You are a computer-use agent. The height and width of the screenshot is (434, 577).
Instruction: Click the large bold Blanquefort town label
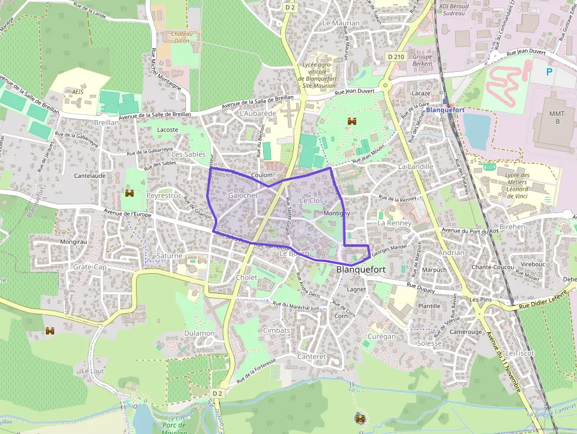pos(361,269)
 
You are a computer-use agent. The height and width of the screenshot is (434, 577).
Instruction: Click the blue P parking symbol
pos(549,72)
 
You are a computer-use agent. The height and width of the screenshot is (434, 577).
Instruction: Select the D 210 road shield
pos(396,56)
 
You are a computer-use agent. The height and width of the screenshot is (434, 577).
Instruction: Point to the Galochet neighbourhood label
pos(243,195)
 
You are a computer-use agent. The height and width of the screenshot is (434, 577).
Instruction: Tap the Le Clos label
pos(311,200)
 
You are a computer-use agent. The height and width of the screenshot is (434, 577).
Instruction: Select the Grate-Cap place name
pos(89,267)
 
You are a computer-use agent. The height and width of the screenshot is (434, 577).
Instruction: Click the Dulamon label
pos(199,333)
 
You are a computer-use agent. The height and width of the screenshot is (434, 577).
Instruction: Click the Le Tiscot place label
pos(519,353)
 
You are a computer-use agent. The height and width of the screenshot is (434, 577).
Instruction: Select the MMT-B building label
pos(556,117)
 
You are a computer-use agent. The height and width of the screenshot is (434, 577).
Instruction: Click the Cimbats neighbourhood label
pos(277,330)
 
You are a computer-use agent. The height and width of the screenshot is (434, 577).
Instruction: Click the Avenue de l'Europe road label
pos(127,214)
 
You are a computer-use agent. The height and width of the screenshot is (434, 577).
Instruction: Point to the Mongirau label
pos(74,241)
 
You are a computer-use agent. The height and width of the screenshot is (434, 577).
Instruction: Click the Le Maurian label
pos(341,23)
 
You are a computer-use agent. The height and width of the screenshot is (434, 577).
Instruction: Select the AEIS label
pos(74,92)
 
